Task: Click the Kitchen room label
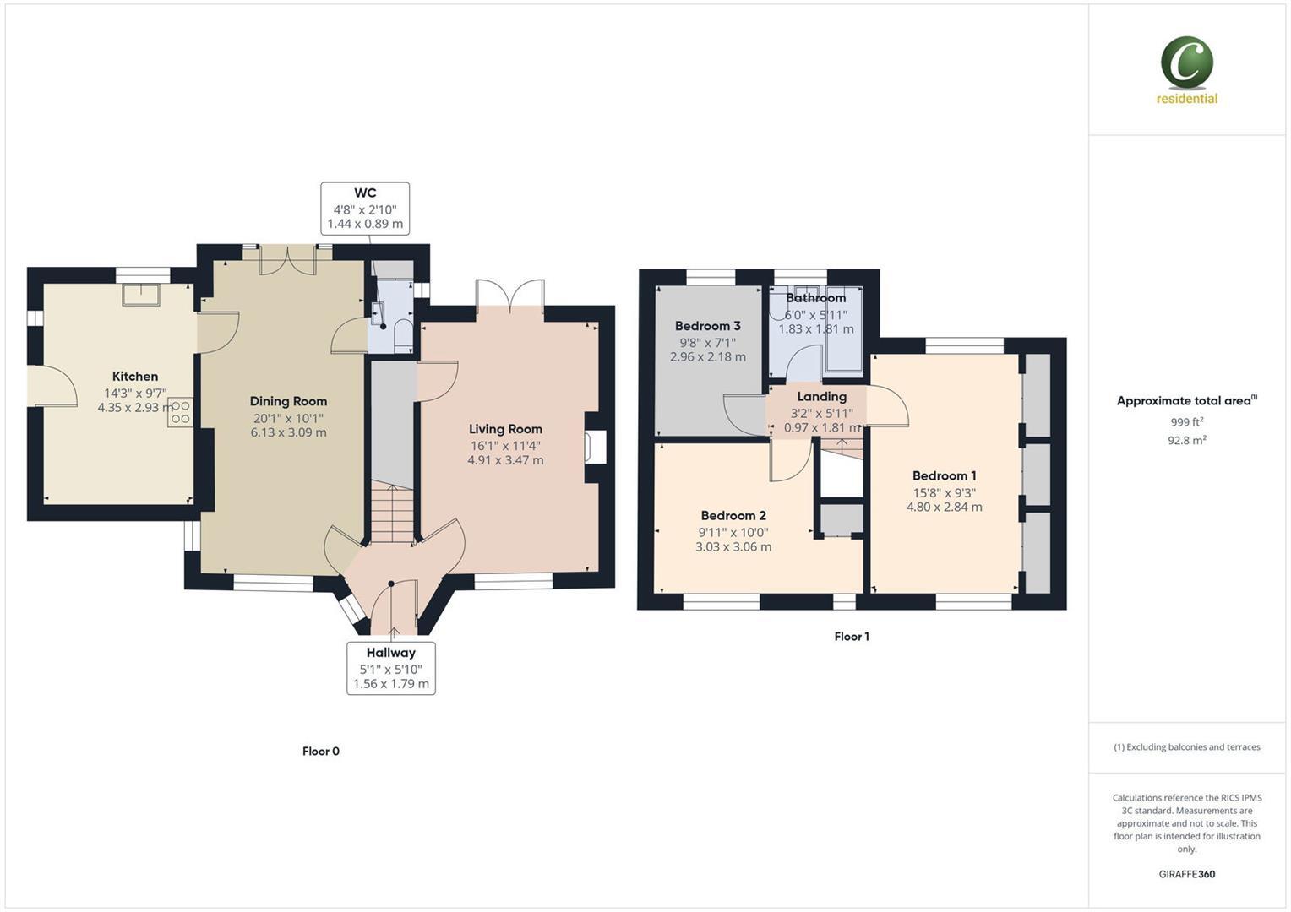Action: [135, 377]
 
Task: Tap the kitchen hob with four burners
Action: [180, 412]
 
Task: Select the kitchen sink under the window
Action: [141, 294]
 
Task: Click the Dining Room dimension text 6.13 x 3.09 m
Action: [288, 432]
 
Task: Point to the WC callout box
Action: [365, 208]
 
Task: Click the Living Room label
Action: [505, 429]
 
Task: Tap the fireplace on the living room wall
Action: [596, 447]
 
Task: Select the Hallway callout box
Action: [390, 668]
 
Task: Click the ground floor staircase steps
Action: [392, 515]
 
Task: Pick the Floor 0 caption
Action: [321, 752]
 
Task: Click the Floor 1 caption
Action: [851, 637]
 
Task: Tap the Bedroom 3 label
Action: [707, 326]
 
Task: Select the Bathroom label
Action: [815, 298]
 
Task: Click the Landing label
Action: [821, 397]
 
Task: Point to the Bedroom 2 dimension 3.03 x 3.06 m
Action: [733, 547]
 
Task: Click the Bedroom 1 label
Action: [944, 475]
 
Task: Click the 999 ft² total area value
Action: [1186, 422]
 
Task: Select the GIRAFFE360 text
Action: [1186, 874]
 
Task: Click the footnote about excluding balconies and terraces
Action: [1186, 747]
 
